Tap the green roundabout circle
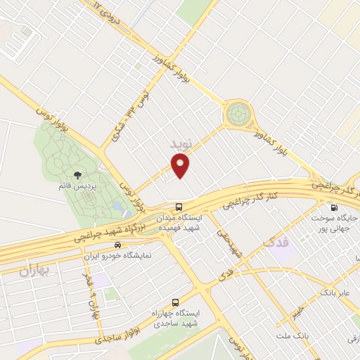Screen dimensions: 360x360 pos(238,112)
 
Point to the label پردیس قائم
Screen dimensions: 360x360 pos(77,188)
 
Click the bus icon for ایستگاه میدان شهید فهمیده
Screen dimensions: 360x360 pos(179,207)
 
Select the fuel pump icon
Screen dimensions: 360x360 pos(333,207)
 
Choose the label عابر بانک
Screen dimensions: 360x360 pos(336,290)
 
